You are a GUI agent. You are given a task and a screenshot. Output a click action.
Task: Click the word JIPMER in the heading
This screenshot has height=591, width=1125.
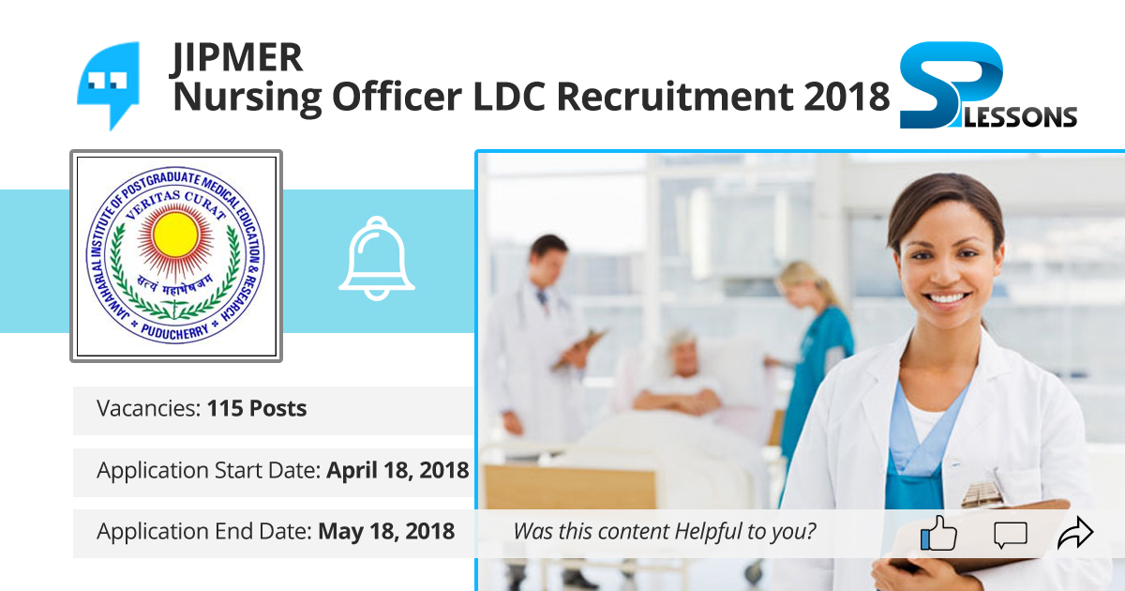(237, 58)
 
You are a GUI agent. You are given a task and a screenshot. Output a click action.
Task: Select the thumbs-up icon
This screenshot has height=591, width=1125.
(938, 534)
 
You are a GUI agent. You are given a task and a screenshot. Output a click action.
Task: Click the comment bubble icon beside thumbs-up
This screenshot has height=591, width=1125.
(1010, 536)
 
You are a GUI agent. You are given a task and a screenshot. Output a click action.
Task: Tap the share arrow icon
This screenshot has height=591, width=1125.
(1075, 535)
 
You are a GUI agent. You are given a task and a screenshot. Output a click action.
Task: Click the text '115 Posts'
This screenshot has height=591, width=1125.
(257, 409)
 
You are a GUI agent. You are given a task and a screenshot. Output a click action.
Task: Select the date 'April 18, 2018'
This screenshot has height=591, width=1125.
(397, 470)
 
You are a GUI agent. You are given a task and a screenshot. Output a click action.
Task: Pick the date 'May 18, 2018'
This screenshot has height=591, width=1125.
(386, 531)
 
